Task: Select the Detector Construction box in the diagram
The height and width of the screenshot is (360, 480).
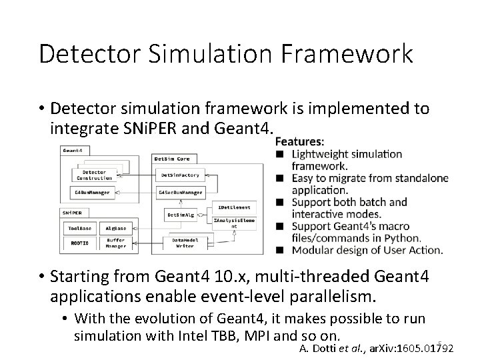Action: pos(93,175)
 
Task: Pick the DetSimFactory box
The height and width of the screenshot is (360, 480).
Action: pos(177,175)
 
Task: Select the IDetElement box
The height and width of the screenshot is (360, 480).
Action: pos(231,208)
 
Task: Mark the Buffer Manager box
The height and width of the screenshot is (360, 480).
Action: pos(115,243)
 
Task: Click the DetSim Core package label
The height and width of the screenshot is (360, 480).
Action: pos(171,159)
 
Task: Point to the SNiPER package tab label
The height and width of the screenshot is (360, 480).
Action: pos(72,212)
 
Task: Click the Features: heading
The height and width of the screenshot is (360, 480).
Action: pos(300,141)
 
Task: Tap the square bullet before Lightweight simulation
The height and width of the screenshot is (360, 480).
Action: pos(280,154)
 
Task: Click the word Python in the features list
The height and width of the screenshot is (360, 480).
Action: pos(402,238)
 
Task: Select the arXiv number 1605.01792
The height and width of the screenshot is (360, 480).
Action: pos(423,347)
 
